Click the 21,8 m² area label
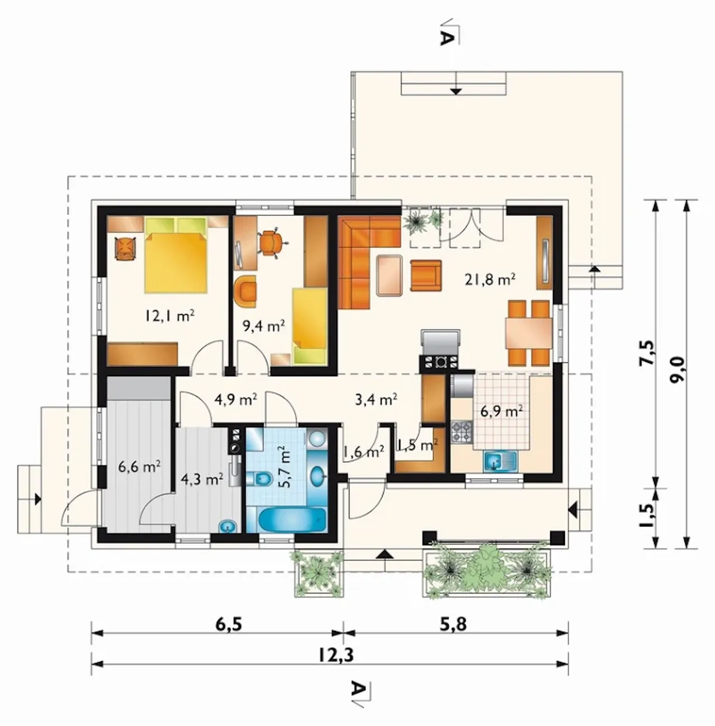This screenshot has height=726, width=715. (x=490, y=280)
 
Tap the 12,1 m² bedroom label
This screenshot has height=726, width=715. (x=169, y=316)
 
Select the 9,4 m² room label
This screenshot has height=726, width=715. (x=263, y=326)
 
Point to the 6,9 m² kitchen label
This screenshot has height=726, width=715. (x=502, y=411)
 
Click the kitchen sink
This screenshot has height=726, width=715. (x=501, y=462)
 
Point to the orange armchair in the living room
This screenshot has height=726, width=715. (x=426, y=276)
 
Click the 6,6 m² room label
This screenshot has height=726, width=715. (x=140, y=467)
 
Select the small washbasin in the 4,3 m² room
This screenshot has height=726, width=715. (x=228, y=526)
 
